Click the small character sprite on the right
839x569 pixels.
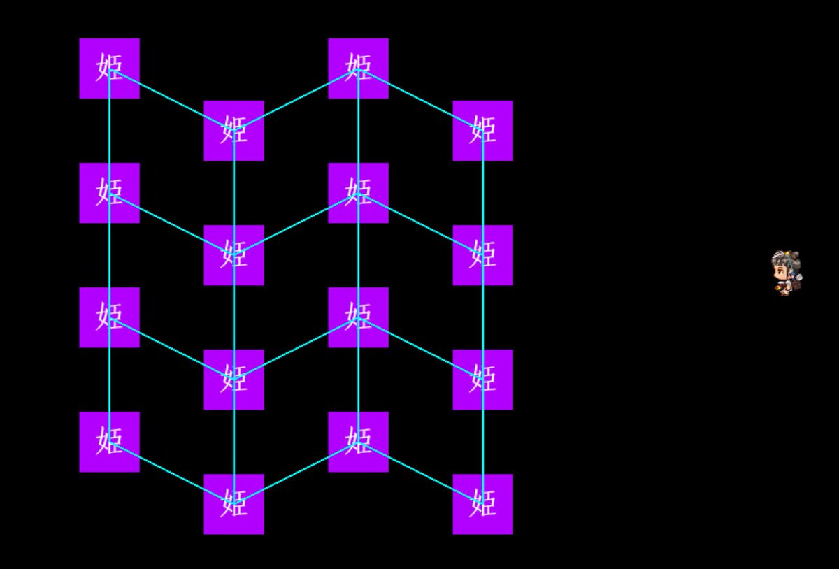click(787, 273)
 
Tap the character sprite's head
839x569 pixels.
click(785, 264)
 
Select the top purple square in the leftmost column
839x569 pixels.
click(109, 69)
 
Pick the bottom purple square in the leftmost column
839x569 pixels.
click(109, 442)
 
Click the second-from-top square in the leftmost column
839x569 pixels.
click(109, 193)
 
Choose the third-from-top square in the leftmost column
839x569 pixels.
click(109, 317)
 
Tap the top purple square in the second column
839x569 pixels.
click(234, 131)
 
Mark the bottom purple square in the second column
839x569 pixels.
click(234, 504)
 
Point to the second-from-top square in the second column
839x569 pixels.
click(234, 255)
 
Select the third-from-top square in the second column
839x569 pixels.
click(234, 380)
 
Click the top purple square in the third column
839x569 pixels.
click(358, 69)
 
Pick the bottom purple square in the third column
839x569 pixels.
click(358, 442)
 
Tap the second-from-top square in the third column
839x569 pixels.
click(358, 193)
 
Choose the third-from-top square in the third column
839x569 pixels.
click(358, 317)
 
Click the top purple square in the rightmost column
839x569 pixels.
click(482, 131)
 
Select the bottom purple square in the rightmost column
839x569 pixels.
click(482, 504)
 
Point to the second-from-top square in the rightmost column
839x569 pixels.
click(482, 255)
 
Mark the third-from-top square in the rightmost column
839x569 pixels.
click(482, 380)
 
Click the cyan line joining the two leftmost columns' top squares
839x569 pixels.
click(171, 99)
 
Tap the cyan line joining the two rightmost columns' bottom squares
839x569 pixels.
click(420, 473)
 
